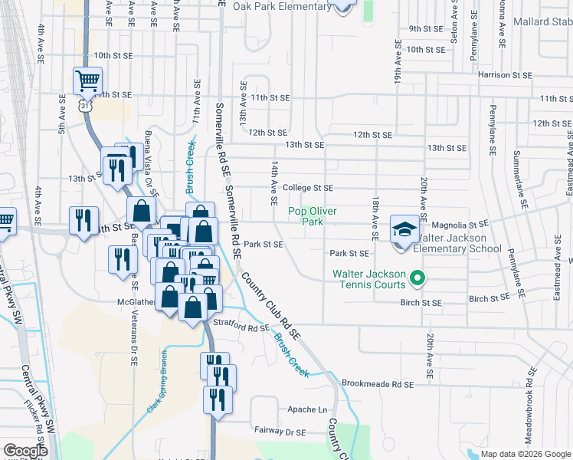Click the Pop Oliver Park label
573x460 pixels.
312,216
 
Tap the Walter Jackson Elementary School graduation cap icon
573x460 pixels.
404,229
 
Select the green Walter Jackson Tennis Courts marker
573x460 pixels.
417,278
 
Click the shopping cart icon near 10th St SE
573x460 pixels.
88,80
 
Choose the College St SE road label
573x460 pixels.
307,188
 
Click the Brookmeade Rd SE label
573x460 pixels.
378,383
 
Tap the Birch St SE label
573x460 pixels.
421,303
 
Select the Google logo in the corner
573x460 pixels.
25,451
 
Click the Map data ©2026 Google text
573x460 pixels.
526,454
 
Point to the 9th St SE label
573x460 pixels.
427,29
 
